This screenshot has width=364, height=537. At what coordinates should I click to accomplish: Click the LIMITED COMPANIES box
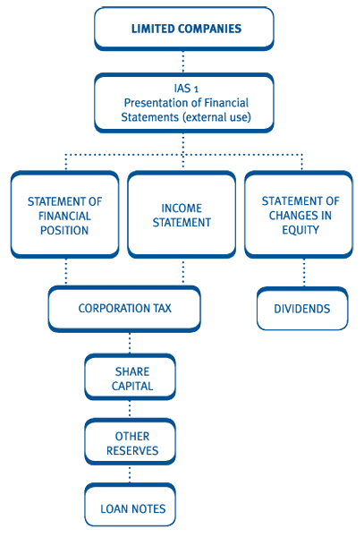pos(184,29)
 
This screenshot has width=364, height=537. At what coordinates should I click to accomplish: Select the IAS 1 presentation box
pos(184,103)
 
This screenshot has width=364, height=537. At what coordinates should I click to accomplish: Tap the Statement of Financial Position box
pos(65,215)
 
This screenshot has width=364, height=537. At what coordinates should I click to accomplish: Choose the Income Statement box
pos(182,215)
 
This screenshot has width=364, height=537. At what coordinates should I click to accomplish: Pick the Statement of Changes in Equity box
pos(299,215)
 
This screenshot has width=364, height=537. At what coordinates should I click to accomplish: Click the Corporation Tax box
pos(124,309)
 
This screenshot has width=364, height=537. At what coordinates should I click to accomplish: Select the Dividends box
pos(302,309)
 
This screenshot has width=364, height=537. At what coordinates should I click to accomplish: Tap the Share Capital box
pos(130,378)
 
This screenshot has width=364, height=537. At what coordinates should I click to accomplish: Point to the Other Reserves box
pos(130,442)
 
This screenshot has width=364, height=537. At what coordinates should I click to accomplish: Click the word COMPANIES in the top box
pos(209,29)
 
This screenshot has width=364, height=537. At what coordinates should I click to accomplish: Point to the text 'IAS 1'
pos(186,89)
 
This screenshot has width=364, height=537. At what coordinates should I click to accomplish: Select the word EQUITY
pos(301,230)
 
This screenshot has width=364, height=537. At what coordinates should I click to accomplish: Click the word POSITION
pos(64,231)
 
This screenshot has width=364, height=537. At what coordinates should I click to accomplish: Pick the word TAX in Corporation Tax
pos(162,308)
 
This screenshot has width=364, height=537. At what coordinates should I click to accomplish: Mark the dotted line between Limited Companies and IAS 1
pos(183,62)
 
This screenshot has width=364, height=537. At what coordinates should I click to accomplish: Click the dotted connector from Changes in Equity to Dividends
pos(304,273)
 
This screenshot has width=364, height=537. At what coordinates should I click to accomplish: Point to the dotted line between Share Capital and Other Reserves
pos(130,410)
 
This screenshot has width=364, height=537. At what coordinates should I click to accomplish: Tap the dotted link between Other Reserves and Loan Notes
pos(130,474)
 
